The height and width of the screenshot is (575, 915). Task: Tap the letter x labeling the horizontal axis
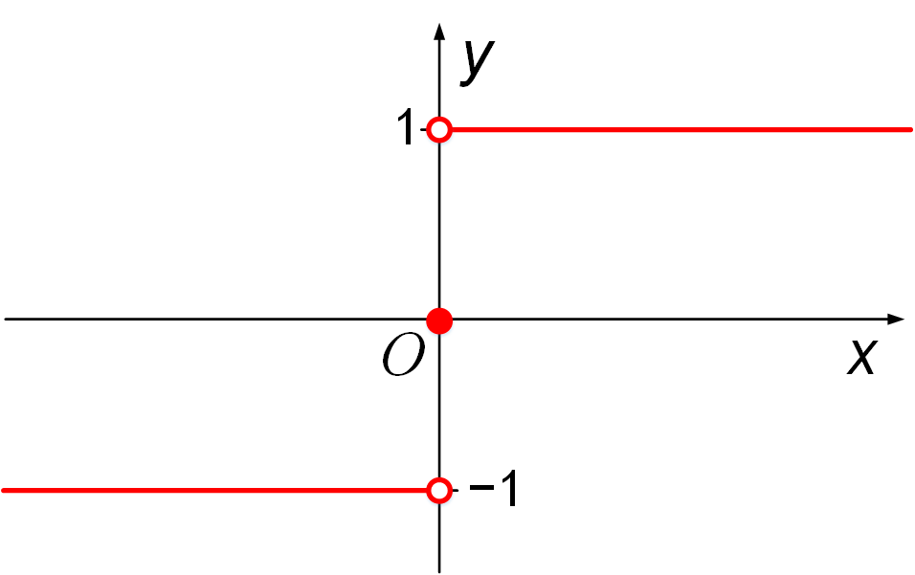tap(862, 358)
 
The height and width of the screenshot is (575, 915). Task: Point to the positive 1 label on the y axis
tap(407, 129)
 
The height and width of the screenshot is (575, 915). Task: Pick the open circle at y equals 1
tap(438, 129)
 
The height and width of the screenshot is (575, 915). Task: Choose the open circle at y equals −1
tap(438, 491)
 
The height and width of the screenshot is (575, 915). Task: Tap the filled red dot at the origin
tap(438, 321)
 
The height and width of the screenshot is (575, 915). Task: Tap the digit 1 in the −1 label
tap(507, 492)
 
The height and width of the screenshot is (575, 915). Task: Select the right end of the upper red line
tap(910, 129)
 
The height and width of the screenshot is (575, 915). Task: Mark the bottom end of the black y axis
tap(438, 570)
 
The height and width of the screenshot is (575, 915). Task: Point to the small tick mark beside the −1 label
tap(456, 491)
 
